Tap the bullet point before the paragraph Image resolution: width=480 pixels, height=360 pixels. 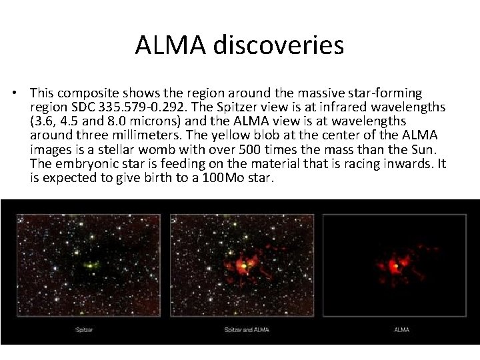(23, 94)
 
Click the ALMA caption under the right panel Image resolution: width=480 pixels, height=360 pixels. (401, 329)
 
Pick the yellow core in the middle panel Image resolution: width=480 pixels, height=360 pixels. (245, 265)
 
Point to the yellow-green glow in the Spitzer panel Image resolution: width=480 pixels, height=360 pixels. (90, 265)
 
